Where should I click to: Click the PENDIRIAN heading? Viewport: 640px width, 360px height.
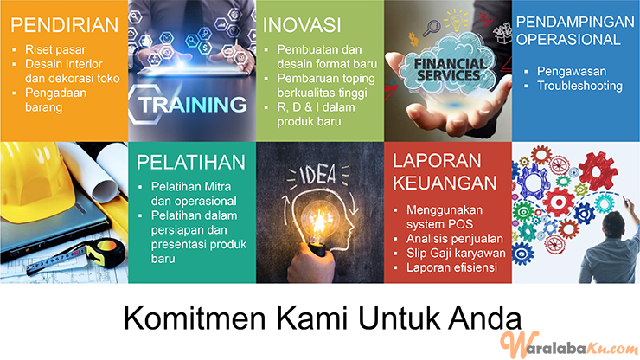click(x=65, y=25)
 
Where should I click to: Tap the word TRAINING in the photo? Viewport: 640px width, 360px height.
click(x=192, y=105)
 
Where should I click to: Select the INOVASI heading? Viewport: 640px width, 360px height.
click(x=302, y=25)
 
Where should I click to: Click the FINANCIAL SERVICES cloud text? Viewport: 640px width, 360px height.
click(x=450, y=70)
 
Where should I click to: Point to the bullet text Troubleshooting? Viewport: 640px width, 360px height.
click(x=579, y=86)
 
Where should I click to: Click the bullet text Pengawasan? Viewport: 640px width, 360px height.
click(x=572, y=71)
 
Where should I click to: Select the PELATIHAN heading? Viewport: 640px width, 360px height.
click(x=190, y=162)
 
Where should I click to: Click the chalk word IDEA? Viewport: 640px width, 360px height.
click(x=318, y=175)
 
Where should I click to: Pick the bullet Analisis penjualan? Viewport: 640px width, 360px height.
click(x=455, y=239)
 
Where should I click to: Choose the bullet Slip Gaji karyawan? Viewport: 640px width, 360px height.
click(x=456, y=253)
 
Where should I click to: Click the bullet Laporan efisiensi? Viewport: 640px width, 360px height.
click(x=451, y=267)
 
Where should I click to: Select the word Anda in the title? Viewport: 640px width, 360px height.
click(x=485, y=318)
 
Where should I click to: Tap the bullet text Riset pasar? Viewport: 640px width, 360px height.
click(x=55, y=49)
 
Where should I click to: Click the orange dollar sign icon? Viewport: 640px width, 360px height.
click(x=413, y=40)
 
